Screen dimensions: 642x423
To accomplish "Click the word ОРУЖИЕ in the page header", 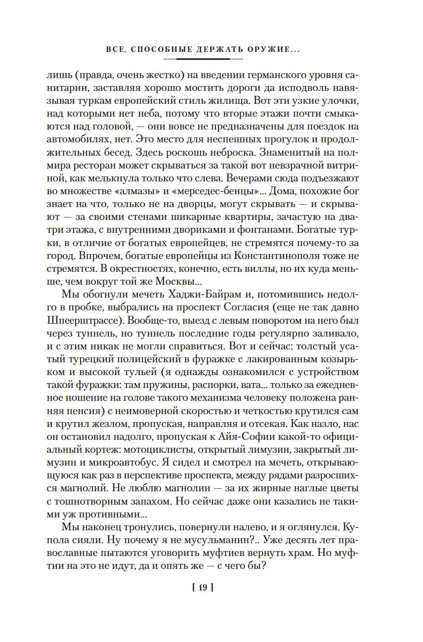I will point(274,49).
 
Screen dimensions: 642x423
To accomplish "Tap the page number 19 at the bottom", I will point(203,588).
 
